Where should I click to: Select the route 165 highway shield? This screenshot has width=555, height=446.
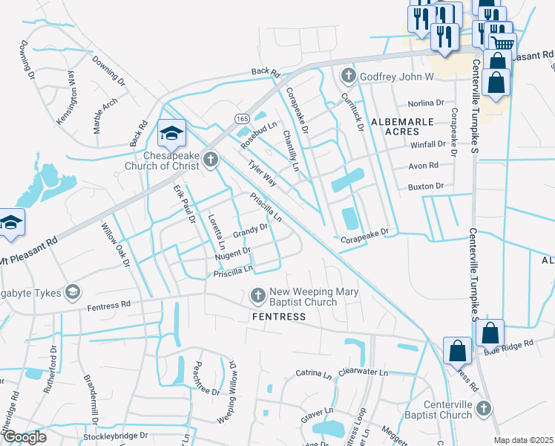coord(242,118)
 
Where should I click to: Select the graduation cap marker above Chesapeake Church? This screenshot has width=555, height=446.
coord(171,134)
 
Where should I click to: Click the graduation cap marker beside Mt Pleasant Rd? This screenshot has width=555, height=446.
coord(11,223)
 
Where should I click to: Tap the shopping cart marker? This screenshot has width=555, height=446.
coord(502,44)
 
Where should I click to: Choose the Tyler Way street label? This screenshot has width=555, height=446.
coord(262,176)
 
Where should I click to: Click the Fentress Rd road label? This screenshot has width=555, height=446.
coord(108,304)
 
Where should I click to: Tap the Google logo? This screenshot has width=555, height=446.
coord(24,437)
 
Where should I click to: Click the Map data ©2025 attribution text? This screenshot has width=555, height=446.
coord(523,440)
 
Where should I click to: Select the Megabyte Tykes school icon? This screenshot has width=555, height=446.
coord(73,291)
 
